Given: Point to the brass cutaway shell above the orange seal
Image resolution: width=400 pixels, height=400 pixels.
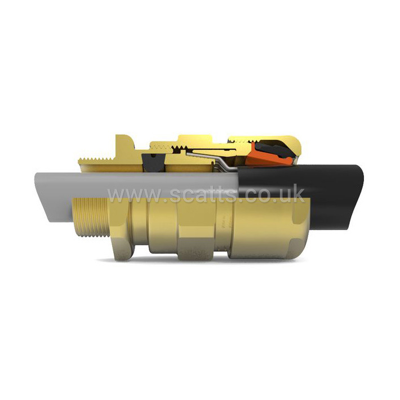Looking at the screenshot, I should click(x=265, y=140).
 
